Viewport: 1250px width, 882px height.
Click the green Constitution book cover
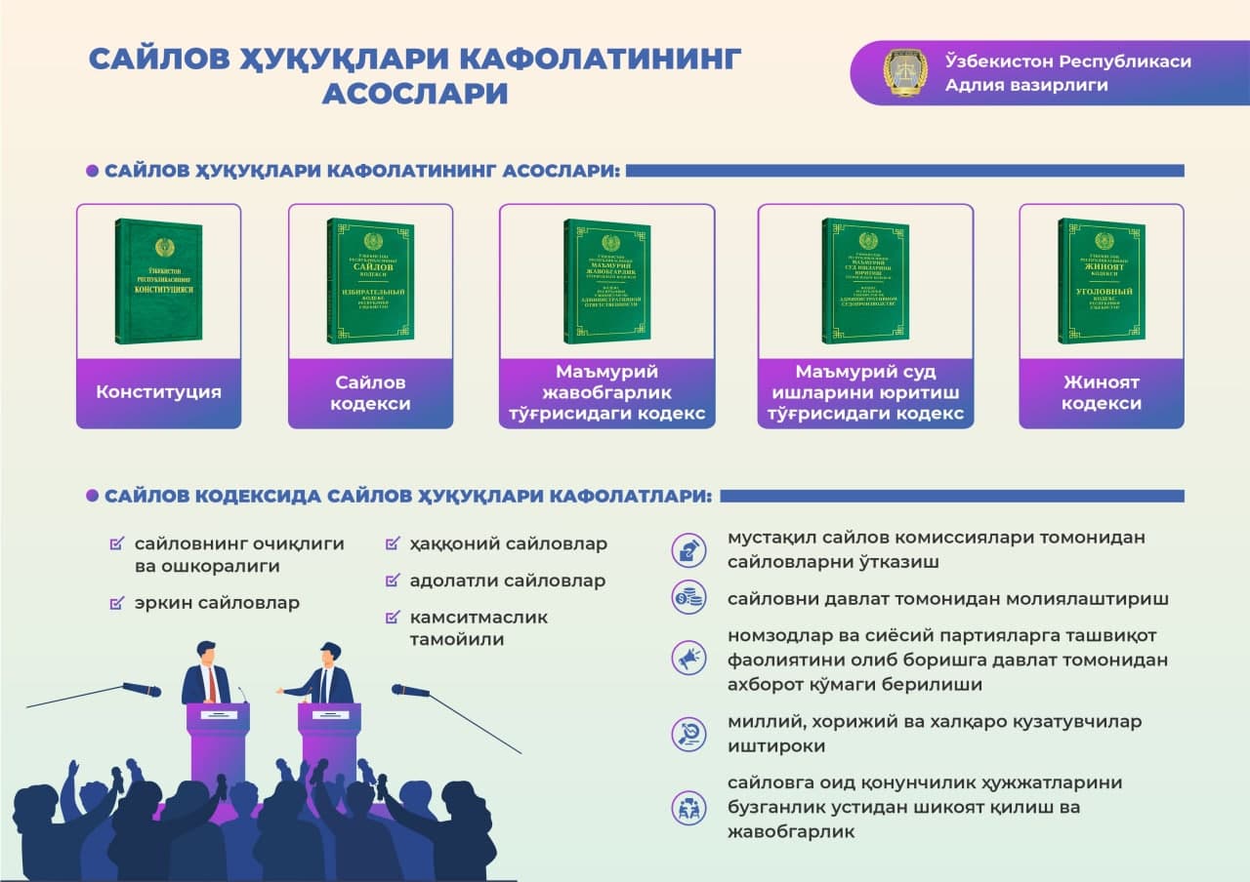(159, 281)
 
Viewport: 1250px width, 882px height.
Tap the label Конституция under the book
(158, 392)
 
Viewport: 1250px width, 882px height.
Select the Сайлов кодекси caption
(370, 393)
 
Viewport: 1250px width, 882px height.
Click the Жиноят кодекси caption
(1101, 393)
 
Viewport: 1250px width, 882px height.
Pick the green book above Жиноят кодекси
(1101, 281)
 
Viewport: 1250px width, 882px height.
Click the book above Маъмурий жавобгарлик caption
(606, 281)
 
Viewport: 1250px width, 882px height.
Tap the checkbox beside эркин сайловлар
(117, 603)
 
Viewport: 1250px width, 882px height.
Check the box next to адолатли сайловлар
(393, 581)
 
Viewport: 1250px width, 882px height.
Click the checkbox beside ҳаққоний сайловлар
(393, 543)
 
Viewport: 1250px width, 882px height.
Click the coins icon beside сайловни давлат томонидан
(688, 597)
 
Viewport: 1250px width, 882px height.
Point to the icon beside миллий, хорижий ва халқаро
(688, 733)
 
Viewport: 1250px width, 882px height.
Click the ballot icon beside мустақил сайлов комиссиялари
(688, 549)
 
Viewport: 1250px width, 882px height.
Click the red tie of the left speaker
(211, 685)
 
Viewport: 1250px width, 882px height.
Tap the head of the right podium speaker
(329, 652)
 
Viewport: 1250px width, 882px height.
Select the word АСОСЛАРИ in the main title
(415, 93)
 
